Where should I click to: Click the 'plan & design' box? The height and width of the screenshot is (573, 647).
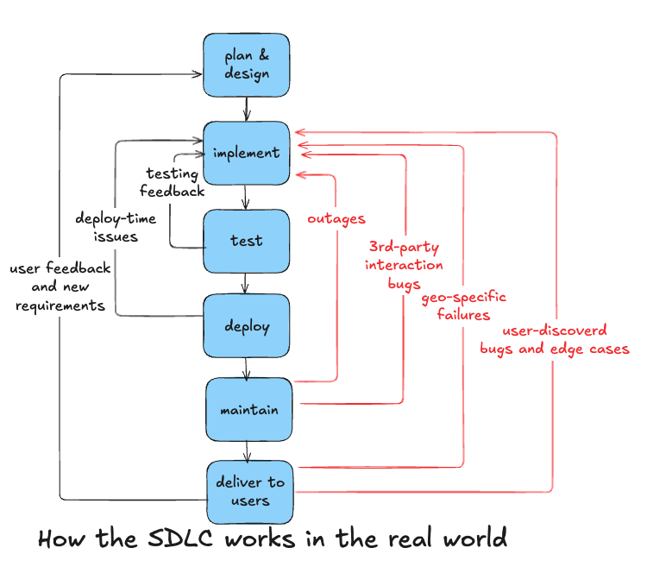[x=247, y=65]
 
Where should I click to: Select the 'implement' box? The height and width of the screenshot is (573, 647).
[x=247, y=153]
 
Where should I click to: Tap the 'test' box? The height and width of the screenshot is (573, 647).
[x=247, y=241]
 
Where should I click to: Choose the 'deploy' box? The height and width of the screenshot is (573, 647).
[x=247, y=326]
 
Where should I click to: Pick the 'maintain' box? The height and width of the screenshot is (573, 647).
[x=248, y=408]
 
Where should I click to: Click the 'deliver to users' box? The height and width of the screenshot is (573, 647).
[x=250, y=491]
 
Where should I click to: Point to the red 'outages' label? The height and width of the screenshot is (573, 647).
[x=336, y=219]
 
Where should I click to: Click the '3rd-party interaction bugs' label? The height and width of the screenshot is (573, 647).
[x=404, y=264]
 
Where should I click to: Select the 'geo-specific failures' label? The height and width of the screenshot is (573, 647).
[x=463, y=305]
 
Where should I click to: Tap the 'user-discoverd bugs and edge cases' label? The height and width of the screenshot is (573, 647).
[x=554, y=340]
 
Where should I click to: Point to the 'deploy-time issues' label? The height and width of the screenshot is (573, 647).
[x=116, y=227]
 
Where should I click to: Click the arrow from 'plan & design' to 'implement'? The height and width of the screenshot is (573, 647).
[x=248, y=108]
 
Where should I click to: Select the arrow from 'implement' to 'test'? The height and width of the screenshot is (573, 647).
[x=247, y=196]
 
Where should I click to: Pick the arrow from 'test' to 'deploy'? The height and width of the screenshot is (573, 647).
[x=247, y=283]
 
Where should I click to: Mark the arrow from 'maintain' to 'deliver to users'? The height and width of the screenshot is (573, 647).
[x=248, y=450]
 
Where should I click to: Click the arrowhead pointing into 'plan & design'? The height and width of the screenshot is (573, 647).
[x=197, y=75]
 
